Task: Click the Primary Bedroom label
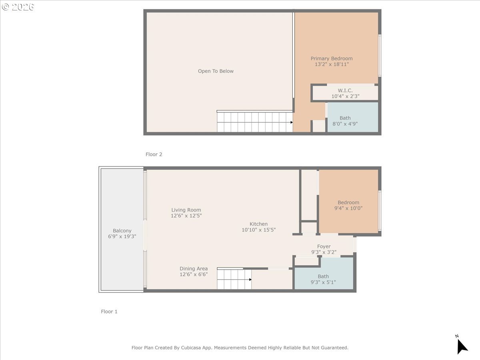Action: [332, 58]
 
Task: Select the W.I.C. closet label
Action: [345, 90]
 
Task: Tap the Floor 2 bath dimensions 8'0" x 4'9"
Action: [345, 124]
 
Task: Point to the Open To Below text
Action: [216, 71]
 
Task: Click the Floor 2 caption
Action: [154, 154]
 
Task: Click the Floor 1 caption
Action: [109, 312]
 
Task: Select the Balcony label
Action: [122, 231]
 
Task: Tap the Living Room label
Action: [186, 210]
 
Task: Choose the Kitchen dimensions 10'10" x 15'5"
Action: [258, 230]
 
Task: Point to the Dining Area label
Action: [193, 269]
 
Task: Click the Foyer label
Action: [324, 246]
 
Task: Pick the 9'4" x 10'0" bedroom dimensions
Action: [348, 208]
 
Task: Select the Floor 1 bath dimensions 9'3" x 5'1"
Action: [323, 282]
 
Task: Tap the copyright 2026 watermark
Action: [18, 7]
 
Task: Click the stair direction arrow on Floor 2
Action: [292, 122]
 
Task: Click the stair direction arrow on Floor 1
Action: [250, 280]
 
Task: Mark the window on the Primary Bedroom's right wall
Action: [380, 55]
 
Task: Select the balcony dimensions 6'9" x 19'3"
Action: [122, 237]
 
